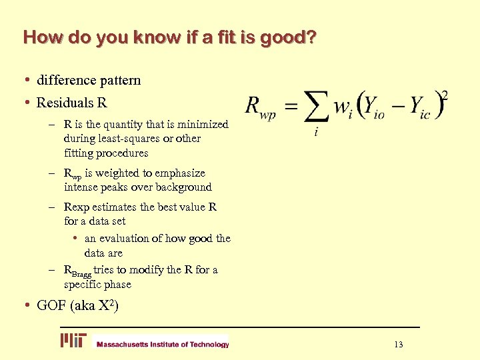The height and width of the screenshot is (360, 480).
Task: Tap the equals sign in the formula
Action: pyautogui.click(x=292, y=105)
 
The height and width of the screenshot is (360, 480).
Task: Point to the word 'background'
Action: pyautogui.click(x=183, y=187)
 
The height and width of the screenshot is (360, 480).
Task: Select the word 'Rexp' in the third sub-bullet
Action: pyautogui.click(x=76, y=207)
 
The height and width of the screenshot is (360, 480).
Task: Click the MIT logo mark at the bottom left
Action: pyautogui.click(x=73, y=341)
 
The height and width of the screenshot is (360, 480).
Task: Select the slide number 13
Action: pyautogui.click(x=399, y=345)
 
